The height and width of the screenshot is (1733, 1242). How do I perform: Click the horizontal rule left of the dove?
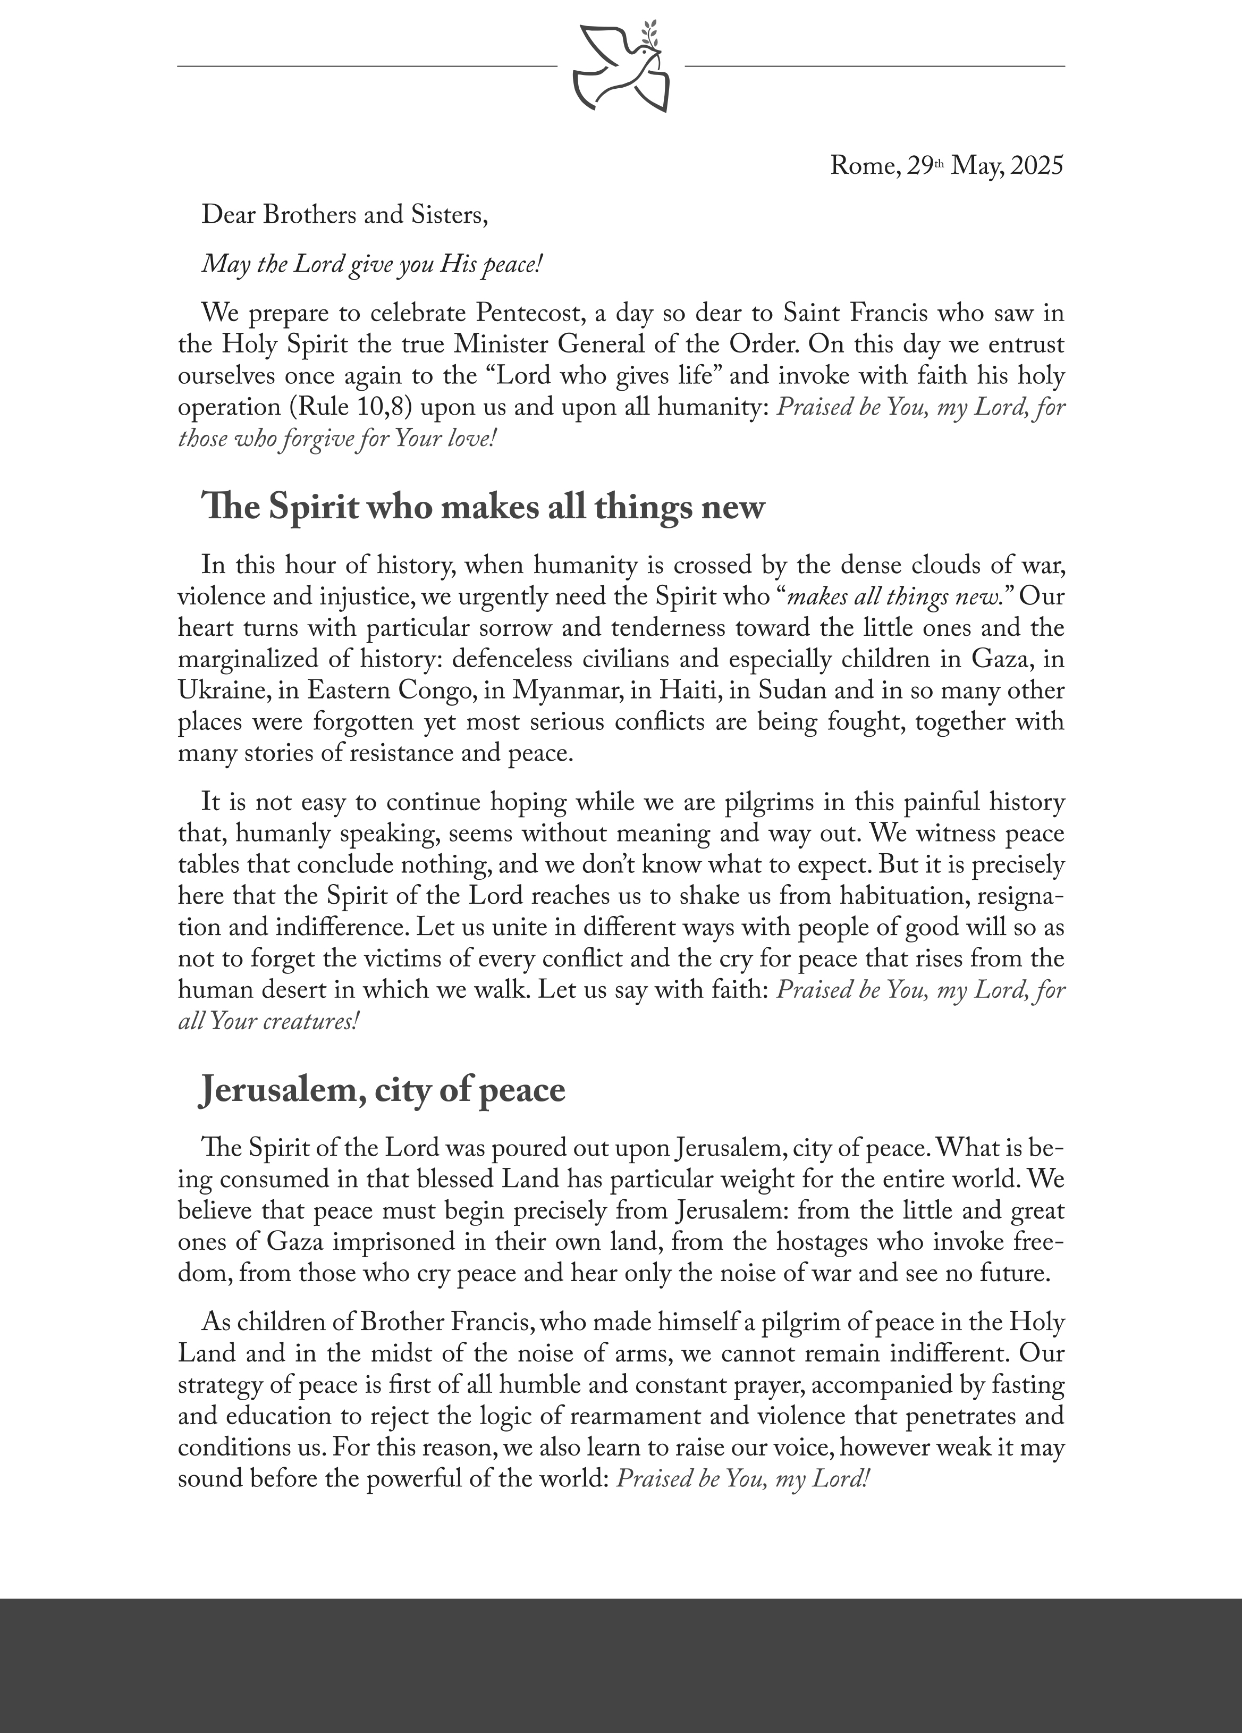coord(367,66)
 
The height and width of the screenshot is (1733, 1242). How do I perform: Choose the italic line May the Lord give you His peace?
coord(372,265)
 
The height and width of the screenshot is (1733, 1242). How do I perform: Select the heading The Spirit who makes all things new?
coord(483,507)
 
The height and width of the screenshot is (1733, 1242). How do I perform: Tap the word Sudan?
coord(789,691)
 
